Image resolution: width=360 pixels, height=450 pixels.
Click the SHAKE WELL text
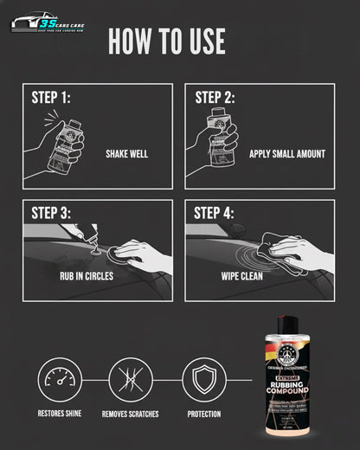click(127, 154)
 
